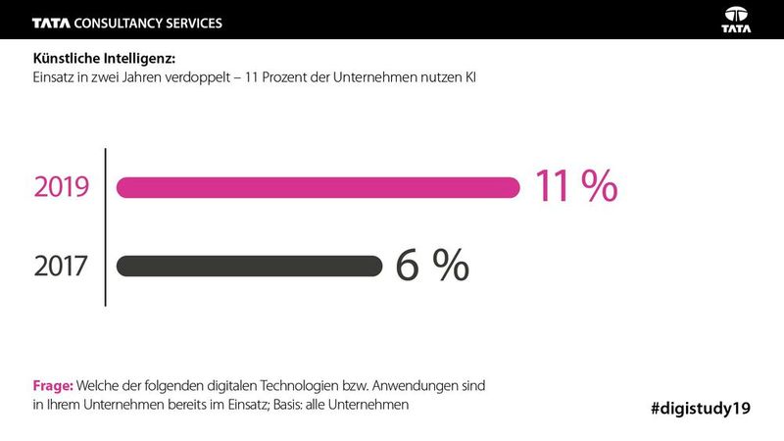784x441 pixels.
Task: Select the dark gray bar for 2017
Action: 249,266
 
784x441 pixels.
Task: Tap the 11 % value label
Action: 575,186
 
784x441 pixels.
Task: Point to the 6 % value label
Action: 432,266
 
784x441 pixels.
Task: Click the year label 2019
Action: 61,187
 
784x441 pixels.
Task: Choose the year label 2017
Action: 61,266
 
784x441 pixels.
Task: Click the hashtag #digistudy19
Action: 701,408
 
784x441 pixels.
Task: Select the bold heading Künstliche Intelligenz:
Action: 104,58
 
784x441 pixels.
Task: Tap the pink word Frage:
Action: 54,387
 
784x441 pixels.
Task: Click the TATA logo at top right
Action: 736,19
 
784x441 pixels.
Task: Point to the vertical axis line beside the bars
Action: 105,226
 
